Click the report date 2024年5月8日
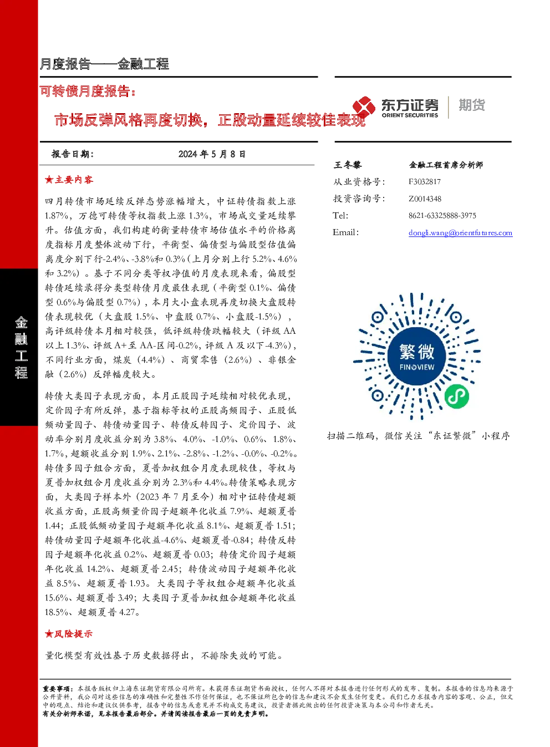pyautogui.click(x=212, y=154)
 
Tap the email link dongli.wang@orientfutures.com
pyautogui.click(x=460, y=232)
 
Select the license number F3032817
pyautogui.click(x=425, y=182)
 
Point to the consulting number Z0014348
pyautogui.click(x=425, y=199)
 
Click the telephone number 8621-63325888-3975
pyautogui.click(x=442, y=215)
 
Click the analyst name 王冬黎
pyautogui.click(x=348, y=165)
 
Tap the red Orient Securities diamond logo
pyautogui.click(x=364, y=106)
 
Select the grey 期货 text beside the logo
pyautogui.click(x=472, y=105)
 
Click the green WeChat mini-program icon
pyautogui.click(x=457, y=397)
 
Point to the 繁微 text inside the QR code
pyautogui.click(x=417, y=352)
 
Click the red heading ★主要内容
pyautogui.click(x=69, y=180)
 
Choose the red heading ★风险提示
pyautogui.click(x=69, y=634)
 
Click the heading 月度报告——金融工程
pyautogui.click(x=104, y=64)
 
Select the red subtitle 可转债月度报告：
pyautogui.click(x=88, y=91)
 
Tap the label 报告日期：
pyautogui.click(x=72, y=154)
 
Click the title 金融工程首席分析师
pyautogui.click(x=446, y=165)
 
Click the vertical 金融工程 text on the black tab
pyautogui.click(x=21, y=347)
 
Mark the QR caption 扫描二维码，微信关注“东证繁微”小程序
pyautogui.click(x=419, y=435)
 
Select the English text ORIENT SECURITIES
pyautogui.click(x=410, y=115)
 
